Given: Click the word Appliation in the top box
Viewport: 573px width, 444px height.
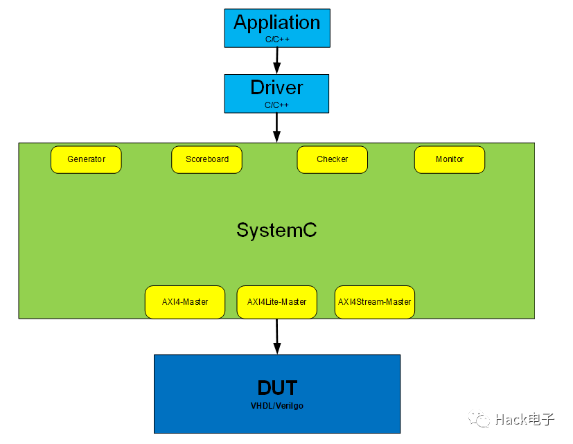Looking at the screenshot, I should click(276, 22).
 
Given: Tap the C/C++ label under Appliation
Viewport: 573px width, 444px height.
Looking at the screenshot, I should click(276, 39).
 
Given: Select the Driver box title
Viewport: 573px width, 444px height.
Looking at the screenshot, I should click(276, 88).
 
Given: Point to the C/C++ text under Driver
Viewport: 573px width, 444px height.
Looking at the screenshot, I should click(276, 105).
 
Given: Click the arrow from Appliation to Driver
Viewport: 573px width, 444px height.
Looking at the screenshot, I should click(276, 60).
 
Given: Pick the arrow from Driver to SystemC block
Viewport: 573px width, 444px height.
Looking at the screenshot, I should click(276, 127).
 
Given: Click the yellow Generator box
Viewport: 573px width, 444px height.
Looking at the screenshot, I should click(86, 159).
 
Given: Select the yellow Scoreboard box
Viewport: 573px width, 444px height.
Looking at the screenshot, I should click(206, 159).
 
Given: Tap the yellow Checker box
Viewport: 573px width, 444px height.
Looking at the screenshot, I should click(332, 159).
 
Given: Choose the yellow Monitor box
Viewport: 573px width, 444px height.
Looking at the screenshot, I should click(450, 159).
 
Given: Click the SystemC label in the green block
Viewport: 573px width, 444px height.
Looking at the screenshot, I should click(276, 230).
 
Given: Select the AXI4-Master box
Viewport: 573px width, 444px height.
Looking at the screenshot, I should click(185, 302).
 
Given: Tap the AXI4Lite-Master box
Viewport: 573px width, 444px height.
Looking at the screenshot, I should click(276, 302).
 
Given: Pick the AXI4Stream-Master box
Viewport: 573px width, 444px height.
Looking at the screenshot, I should click(374, 302).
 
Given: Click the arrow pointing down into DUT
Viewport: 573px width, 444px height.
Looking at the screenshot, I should click(277, 336).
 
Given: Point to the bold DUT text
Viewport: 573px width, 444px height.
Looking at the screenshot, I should click(277, 387).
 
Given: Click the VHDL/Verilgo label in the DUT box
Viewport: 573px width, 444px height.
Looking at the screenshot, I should click(277, 405).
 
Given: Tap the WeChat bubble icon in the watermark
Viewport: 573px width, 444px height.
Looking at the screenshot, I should click(479, 419).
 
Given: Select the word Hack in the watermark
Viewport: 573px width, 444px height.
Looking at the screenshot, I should click(511, 420).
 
